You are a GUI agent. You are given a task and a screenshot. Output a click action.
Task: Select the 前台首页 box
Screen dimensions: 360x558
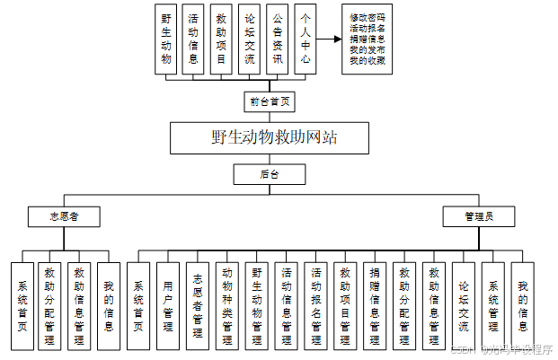pos(270,102)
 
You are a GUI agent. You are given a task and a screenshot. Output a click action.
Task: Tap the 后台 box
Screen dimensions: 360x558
pos(270,173)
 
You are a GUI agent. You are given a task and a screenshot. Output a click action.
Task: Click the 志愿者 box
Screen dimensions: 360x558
pos(63,216)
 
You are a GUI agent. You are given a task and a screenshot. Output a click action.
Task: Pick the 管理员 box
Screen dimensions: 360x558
pos(477,216)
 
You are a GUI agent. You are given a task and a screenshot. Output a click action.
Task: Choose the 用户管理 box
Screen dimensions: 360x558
pos(168,305)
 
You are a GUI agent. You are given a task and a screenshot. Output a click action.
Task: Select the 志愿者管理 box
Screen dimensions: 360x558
pos(198,305)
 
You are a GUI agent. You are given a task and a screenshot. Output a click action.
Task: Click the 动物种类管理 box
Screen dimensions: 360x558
pos(227,305)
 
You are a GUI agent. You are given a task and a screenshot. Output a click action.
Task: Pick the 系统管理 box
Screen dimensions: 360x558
pos(493,305)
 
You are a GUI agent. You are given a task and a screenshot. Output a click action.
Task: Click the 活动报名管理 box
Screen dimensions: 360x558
pos(316,305)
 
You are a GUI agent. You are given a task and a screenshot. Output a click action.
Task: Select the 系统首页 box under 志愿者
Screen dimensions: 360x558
pos(22,305)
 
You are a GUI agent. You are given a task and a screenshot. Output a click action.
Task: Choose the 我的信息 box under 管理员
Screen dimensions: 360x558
pos(522,305)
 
